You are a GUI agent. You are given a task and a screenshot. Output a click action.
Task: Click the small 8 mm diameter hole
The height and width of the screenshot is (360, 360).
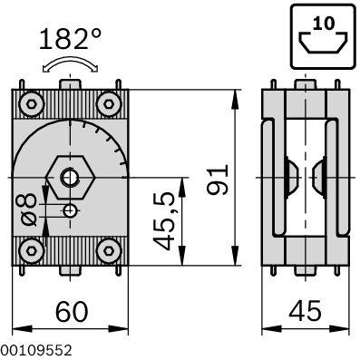71,210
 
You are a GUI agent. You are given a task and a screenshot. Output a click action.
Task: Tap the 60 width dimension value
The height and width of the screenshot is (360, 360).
72,311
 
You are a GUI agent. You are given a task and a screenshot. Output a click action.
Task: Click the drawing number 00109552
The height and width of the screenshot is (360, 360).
36,349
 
